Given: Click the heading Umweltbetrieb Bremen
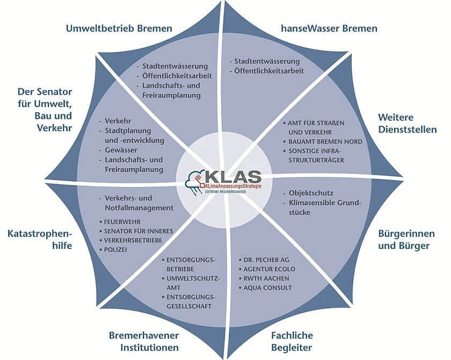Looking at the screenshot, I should coord(119,28).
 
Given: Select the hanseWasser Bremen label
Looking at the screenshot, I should coord(329,28).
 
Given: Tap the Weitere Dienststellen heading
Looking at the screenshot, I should coord(407,123).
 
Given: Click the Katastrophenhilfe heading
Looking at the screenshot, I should coord(40,240).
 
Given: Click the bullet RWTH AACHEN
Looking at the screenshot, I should coord(267,278).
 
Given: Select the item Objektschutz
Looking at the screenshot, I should coord(311,193).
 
